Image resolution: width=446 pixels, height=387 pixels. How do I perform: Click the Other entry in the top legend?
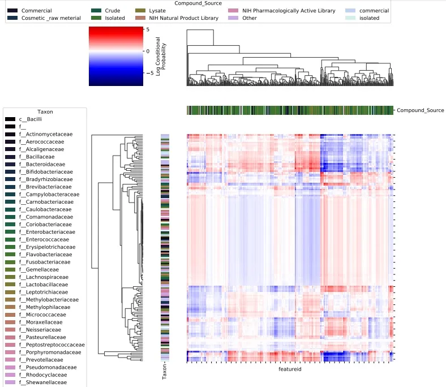[x=249, y=18]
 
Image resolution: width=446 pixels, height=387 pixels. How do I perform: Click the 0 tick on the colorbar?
[x=147, y=51]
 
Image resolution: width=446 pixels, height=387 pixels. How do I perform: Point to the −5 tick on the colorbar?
[x=148, y=73]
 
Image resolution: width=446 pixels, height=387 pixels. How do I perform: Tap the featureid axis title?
[x=289, y=369]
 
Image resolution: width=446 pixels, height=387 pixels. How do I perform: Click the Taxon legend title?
[x=45, y=112]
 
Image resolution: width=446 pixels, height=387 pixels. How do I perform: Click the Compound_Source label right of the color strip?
[x=421, y=110]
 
